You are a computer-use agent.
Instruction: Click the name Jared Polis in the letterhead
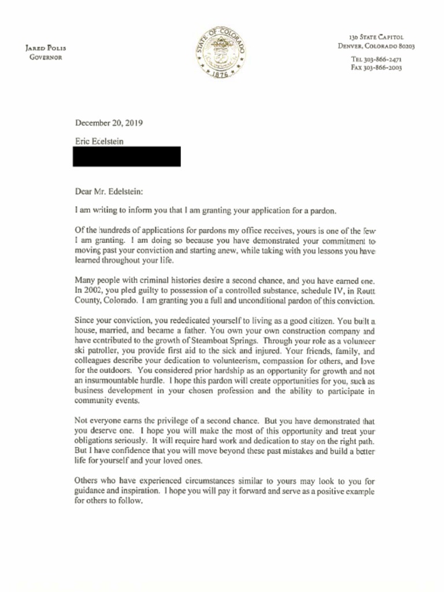(45, 48)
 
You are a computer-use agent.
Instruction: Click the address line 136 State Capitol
(376, 37)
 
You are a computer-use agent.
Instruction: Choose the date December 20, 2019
(109, 123)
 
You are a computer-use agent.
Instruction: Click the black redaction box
(127, 156)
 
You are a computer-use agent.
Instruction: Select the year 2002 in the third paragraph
(95, 291)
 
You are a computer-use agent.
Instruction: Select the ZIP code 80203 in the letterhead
(403, 46)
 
